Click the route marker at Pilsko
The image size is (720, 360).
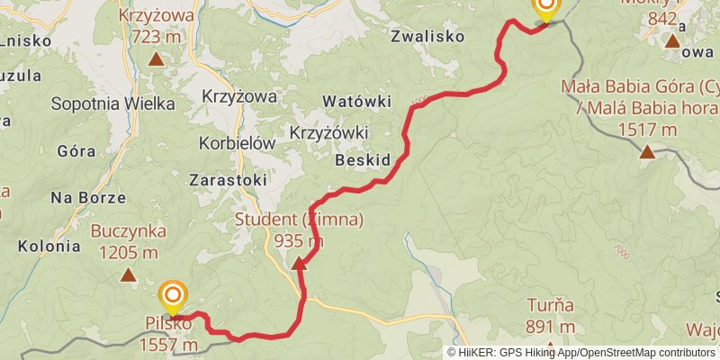tap(172, 294)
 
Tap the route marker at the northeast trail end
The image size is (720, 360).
tap(545, 7)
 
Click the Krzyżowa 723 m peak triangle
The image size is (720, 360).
tap(156, 60)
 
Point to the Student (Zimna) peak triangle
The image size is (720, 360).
tap(299, 263)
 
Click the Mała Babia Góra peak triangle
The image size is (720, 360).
tap(646, 151)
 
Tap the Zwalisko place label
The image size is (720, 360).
tap(427, 37)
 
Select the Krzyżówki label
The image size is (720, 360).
tap(329, 132)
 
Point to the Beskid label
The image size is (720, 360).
tap(362, 160)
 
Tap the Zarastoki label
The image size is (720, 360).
tap(228, 180)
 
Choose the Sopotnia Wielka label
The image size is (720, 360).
tap(112, 103)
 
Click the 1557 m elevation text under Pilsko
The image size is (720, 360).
tap(168, 345)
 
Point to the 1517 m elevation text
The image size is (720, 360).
tap(647, 130)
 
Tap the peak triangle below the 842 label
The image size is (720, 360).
tap(671, 40)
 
